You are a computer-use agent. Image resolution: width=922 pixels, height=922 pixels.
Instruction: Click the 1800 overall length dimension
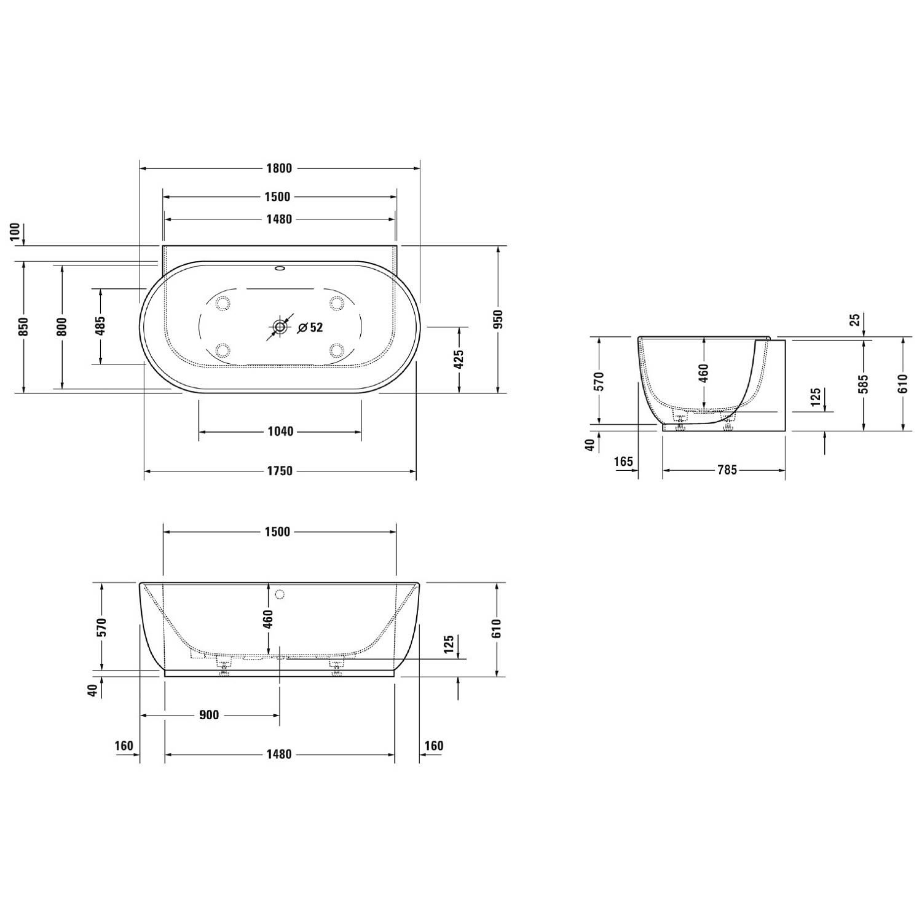(279, 168)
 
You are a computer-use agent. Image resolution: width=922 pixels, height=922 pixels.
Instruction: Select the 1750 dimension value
(280, 471)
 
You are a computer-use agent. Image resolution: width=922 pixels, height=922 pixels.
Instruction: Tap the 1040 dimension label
(280, 431)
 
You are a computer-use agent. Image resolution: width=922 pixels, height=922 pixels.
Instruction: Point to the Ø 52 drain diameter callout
(310, 328)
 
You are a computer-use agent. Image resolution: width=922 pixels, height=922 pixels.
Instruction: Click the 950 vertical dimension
(498, 320)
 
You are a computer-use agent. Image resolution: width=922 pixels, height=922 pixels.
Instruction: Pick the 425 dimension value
(459, 360)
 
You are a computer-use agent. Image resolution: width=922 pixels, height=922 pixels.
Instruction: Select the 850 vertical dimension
(23, 326)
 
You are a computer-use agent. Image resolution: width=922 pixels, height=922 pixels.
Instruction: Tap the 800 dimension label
(61, 326)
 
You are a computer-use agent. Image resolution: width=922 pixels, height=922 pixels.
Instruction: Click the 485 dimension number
(101, 326)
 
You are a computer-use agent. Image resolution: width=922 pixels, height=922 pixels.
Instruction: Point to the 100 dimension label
(16, 233)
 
